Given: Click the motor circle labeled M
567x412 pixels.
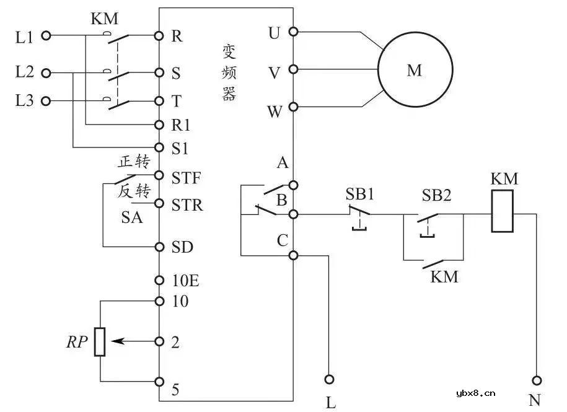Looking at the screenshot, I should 415,69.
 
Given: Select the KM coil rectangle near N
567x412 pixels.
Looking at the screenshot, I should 502,211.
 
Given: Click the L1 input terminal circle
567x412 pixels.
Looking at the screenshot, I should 45,37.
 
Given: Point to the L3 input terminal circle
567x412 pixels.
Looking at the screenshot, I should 45,100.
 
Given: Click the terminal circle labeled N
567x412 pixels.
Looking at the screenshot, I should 537,380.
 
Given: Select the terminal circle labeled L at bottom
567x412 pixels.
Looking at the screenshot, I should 330,379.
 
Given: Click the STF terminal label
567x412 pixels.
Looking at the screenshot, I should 186,179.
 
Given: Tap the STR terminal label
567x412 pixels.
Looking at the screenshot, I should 187,204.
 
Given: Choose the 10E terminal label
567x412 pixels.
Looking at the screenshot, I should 185,281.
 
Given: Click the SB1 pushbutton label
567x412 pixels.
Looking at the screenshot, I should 360,193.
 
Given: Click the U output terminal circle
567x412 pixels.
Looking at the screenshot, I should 293,32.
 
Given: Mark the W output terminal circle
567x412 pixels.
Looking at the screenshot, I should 293,107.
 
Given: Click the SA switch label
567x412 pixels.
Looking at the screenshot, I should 131,217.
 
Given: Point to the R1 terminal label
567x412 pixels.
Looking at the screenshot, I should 181,126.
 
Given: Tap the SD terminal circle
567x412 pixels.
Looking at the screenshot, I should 159,247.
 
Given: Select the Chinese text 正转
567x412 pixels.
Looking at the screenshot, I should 134,162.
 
